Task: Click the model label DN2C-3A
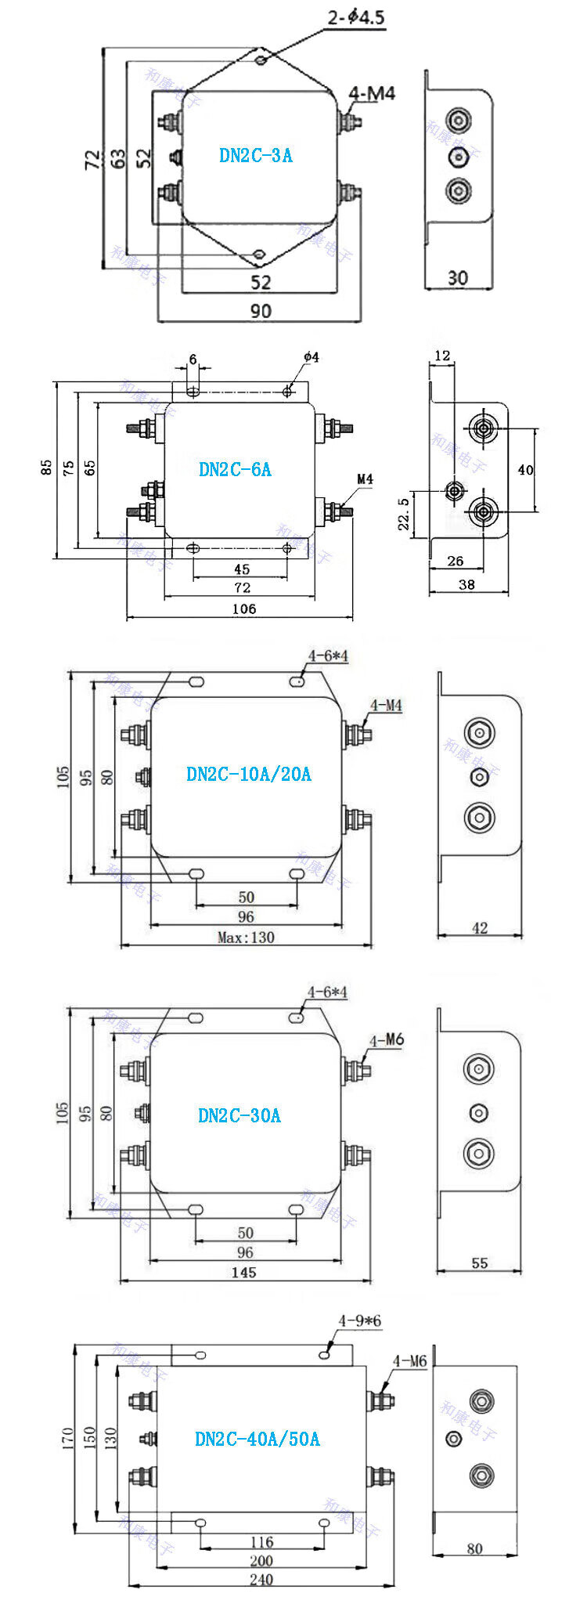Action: (256, 155)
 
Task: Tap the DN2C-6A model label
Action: (235, 469)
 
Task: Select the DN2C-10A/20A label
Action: (249, 774)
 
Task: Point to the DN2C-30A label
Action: (239, 1115)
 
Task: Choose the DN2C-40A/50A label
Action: (257, 1439)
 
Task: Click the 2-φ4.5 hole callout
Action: (356, 17)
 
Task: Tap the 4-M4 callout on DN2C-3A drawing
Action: (372, 94)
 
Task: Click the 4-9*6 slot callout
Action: (359, 1321)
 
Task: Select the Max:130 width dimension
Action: (246, 938)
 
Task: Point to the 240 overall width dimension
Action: (261, 1602)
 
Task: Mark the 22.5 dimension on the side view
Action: (404, 514)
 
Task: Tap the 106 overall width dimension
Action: (244, 609)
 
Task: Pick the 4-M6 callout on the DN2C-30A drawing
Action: (387, 1040)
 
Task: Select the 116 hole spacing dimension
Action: (261, 1542)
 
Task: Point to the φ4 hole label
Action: (311, 358)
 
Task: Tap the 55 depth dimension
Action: (479, 1263)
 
